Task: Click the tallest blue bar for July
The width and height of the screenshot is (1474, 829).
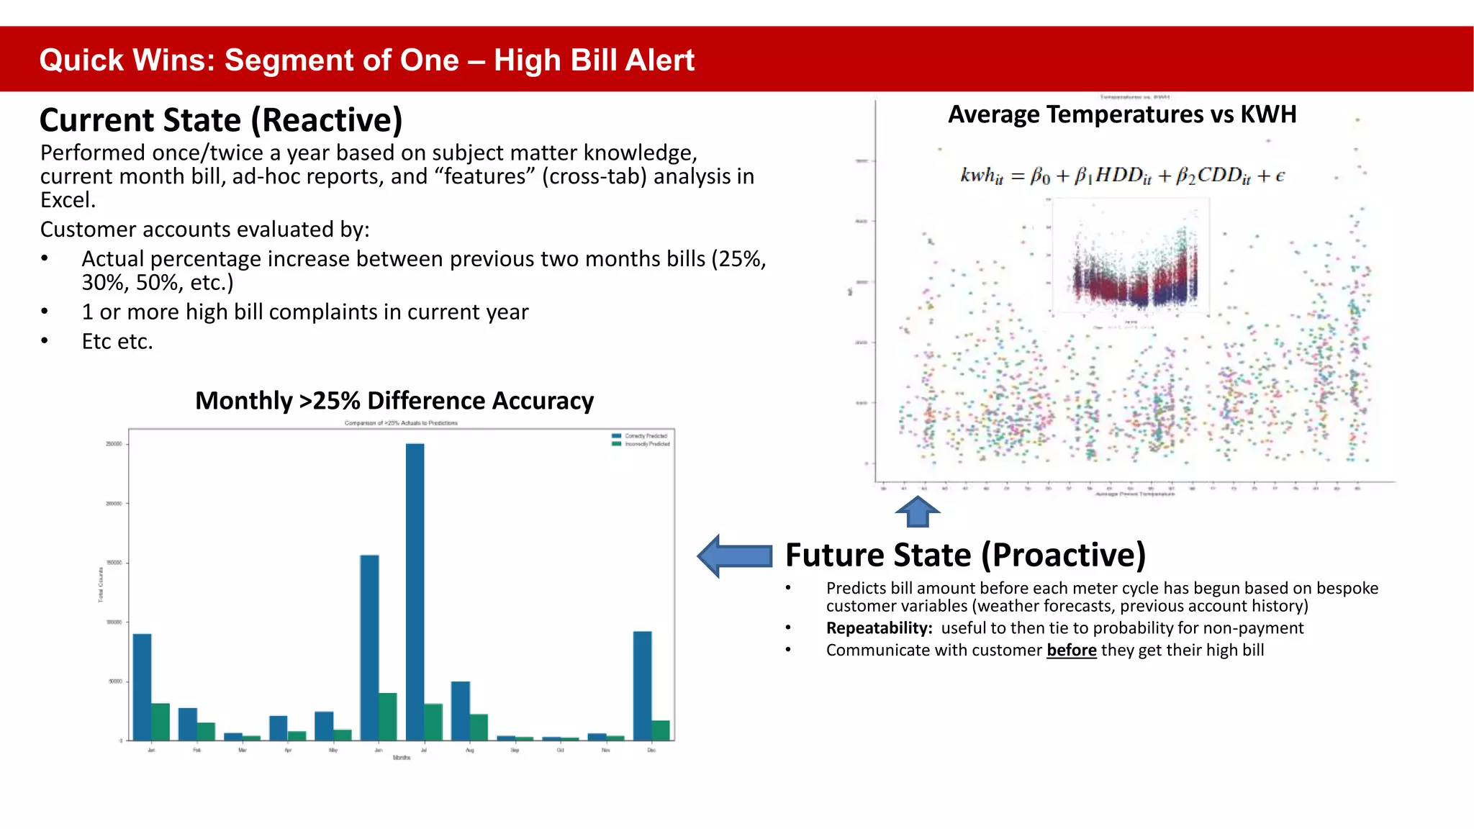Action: coord(415,590)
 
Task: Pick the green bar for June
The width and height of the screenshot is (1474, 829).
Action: coord(388,717)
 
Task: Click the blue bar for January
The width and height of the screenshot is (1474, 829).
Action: coord(143,687)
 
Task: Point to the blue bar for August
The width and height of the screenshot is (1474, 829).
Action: coord(460,710)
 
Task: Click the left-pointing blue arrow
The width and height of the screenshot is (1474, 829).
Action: coord(736,556)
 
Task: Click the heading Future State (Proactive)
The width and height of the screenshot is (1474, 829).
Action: coord(965,555)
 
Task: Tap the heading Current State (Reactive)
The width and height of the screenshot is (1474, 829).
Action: coord(221,119)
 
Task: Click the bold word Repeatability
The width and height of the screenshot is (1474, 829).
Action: coord(878,628)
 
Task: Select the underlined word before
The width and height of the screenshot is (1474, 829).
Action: coord(1071,651)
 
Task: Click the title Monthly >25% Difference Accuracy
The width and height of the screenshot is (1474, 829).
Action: coord(394,401)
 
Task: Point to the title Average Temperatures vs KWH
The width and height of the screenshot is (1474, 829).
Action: coord(1121,114)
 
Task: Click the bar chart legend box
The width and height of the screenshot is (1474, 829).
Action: coord(640,440)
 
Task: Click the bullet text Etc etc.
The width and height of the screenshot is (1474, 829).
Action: coord(117,341)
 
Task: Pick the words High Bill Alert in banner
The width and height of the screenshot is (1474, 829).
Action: coord(594,60)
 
